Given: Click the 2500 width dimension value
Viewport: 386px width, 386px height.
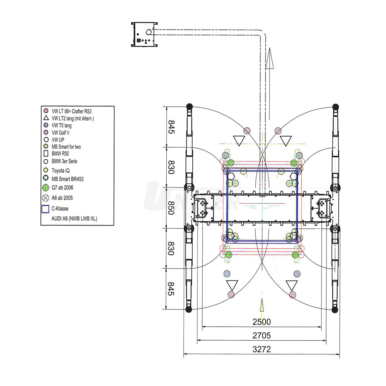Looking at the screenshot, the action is (x=262, y=322).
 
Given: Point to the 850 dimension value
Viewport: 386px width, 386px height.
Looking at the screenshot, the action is (x=171, y=208).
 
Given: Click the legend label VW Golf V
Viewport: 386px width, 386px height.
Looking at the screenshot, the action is (x=60, y=133).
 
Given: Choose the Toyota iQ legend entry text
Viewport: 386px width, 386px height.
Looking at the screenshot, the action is (x=60, y=170).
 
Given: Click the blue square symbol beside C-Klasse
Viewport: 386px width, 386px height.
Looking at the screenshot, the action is (x=45, y=209).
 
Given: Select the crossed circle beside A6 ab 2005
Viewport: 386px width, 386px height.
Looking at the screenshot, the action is (x=46, y=198).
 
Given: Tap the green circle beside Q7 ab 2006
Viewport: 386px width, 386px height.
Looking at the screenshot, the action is (x=46, y=188).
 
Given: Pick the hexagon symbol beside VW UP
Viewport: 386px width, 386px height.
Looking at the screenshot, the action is (x=46, y=139).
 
